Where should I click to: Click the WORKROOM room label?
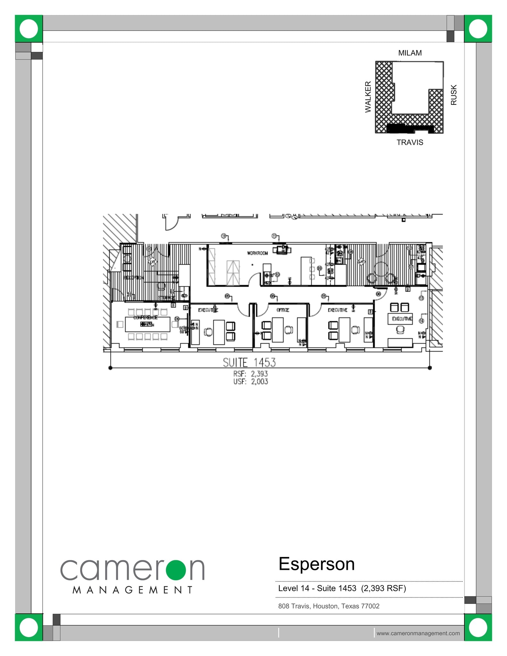click(257, 253)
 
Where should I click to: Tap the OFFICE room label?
click(282, 310)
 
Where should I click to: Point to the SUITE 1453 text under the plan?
click(249, 363)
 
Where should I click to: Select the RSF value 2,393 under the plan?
click(259, 374)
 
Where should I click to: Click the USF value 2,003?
click(259, 381)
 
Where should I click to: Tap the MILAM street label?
click(410, 53)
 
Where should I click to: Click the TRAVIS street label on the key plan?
click(410, 143)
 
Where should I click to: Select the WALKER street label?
click(368, 97)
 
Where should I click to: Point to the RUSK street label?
click(454, 95)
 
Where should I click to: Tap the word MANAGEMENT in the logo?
click(133, 590)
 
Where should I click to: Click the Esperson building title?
click(316, 564)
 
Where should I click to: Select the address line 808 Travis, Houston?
click(329, 606)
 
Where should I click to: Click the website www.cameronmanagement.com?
click(418, 633)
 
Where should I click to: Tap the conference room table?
click(147, 324)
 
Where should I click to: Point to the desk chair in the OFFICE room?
click(289, 329)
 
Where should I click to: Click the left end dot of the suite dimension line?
click(110, 368)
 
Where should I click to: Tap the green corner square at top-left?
click(29, 29)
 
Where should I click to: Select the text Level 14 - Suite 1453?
click(317, 588)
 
